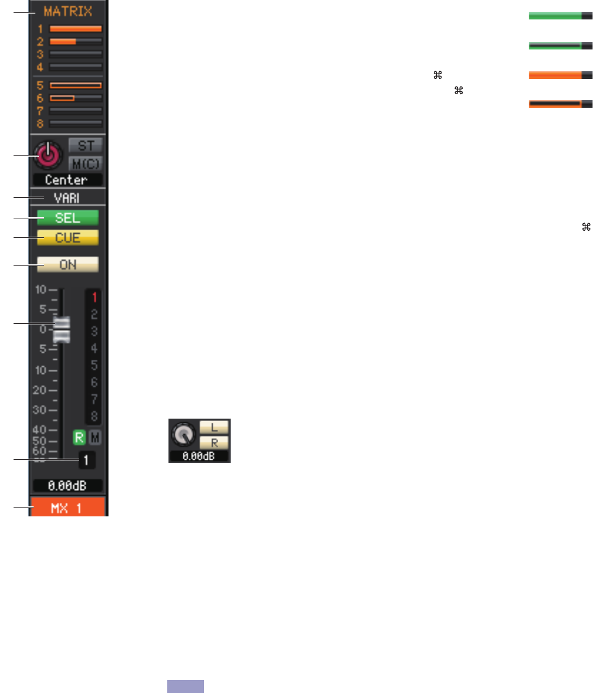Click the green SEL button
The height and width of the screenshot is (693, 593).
(x=67, y=218)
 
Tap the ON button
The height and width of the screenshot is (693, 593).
(x=67, y=265)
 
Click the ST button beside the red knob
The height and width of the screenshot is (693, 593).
(x=85, y=145)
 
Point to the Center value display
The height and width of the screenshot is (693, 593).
(x=67, y=180)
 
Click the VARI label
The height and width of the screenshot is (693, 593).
(x=67, y=198)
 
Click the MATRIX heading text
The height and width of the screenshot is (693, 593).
(x=68, y=11)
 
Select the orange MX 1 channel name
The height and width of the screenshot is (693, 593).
(x=68, y=506)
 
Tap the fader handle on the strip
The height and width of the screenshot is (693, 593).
(x=61, y=329)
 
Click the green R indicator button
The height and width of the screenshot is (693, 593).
(x=77, y=437)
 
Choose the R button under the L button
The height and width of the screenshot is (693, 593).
(x=215, y=441)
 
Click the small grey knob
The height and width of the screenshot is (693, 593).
(x=183, y=435)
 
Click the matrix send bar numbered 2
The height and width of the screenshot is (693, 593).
(x=75, y=41)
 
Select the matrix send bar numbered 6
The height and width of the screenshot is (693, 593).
(x=75, y=98)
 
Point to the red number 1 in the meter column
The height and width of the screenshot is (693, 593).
(x=94, y=297)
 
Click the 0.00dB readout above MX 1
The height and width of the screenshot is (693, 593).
(x=67, y=485)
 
